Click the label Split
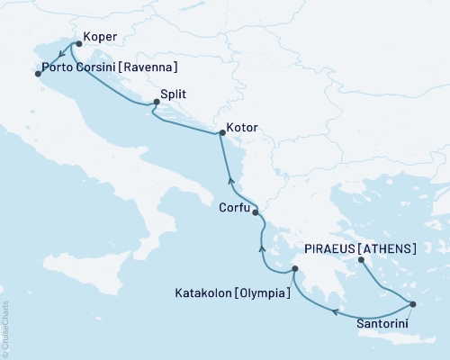pos(175,93)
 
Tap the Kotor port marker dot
pos(222,134)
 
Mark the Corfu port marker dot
pos(256,212)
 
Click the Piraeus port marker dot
pos(360,261)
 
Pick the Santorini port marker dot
pos(412,304)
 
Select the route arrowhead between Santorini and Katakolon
pos(335,312)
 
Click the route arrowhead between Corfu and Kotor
pos(229,175)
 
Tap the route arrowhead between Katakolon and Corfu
pos(262,246)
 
